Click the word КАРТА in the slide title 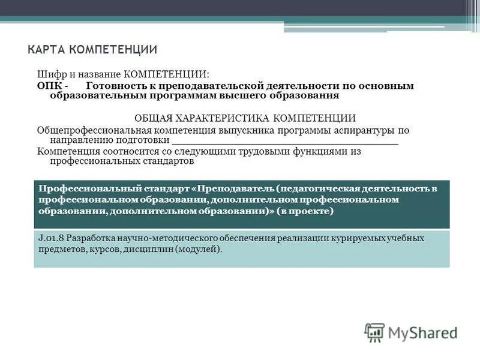click(x=47, y=49)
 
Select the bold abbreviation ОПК click(x=49, y=86)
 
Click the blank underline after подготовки click(x=285, y=142)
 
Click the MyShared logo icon click(x=374, y=332)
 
